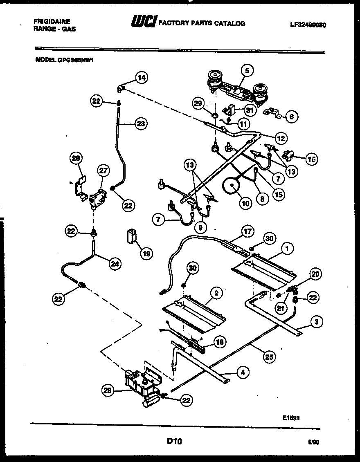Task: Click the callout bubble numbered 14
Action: [x=142, y=77]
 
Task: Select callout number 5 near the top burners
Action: [x=247, y=70]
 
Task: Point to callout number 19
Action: [x=146, y=253]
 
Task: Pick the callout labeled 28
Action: [x=76, y=158]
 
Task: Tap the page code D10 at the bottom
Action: [x=174, y=441]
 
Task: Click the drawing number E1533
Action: [x=291, y=417]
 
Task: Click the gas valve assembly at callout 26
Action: [x=139, y=382]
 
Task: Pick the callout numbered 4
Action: [x=243, y=372]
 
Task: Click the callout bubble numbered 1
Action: [x=287, y=248]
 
